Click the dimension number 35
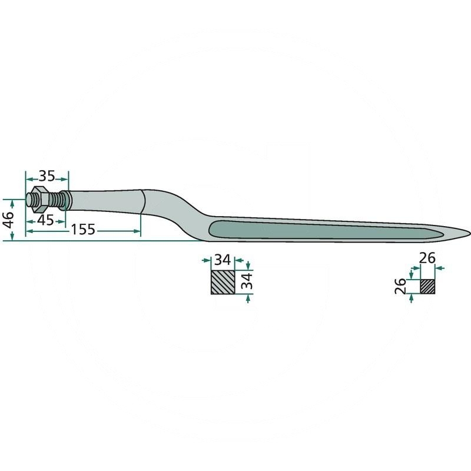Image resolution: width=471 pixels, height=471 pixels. coord(47,176)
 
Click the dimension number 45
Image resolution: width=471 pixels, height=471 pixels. coord(46,220)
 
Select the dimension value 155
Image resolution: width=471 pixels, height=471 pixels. coord(83,230)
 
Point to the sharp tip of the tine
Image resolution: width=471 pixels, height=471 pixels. coord(469,233)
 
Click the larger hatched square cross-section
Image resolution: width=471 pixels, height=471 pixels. coord(223,282)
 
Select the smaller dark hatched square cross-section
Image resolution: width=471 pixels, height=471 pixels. coord(427,286)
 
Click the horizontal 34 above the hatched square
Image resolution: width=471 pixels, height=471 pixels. coord(223,260)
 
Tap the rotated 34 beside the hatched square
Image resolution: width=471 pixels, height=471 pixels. coord(247,281)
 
